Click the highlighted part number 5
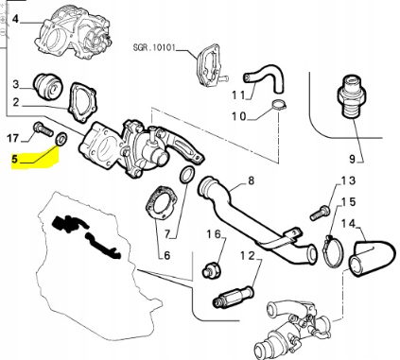[x=14, y=160]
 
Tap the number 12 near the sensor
[x=246, y=257]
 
